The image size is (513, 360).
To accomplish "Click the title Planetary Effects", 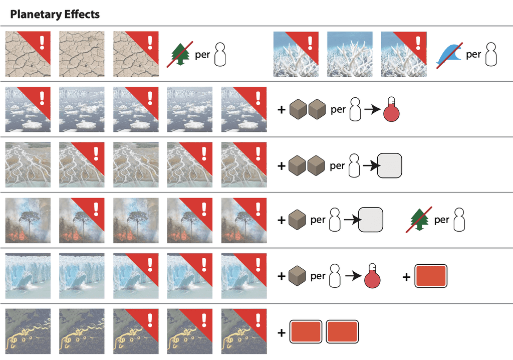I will click(x=55, y=14).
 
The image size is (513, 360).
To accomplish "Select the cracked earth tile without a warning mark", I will click(x=82, y=54).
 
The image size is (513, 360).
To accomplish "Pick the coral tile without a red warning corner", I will click(x=350, y=54).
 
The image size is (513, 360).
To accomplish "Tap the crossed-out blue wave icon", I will click(x=447, y=55).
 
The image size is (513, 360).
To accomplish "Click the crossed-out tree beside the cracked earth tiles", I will click(x=179, y=55).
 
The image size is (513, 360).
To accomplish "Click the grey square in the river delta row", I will click(x=389, y=165).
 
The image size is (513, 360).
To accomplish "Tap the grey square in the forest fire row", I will click(x=371, y=220).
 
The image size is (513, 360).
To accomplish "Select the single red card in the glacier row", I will click(x=431, y=277).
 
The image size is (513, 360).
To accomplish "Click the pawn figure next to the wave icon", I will click(x=492, y=55).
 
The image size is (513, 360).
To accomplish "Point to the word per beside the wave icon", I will click(x=473, y=55).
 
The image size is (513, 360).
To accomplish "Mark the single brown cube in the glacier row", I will click(x=297, y=276).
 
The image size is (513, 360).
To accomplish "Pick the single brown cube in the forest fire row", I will click(x=297, y=220).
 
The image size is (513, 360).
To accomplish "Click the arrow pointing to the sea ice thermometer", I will click(x=372, y=110).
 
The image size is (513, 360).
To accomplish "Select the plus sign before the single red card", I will click(x=406, y=277).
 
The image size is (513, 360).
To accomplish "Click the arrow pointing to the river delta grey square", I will click(x=370, y=165).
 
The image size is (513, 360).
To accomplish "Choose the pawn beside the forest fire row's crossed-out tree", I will click(x=458, y=220).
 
